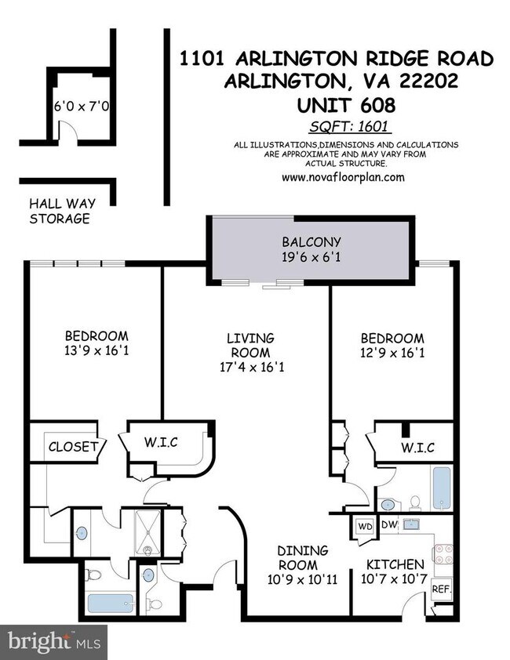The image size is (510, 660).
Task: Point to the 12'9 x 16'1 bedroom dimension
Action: pyautogui.click(x=392, y=352)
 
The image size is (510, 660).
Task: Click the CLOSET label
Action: pyautogui.click(x=73, y=447)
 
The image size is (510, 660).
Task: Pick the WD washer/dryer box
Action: pyautogui.click(x=365, y=526)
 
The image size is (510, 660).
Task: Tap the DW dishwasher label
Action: pyautogui.click(x=389, y=525)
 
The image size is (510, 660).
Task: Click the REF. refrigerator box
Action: pyautogui.click(x=439, y=589)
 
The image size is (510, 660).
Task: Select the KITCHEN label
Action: pyautogui.click(x=395, y=564)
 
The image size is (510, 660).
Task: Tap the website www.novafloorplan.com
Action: pyautogui.click(x=344, y=177)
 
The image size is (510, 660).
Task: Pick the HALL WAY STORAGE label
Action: pyautogui.click(x=60, y=210)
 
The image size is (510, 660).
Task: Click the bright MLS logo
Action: pyautogui.click(x=53, y=641)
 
